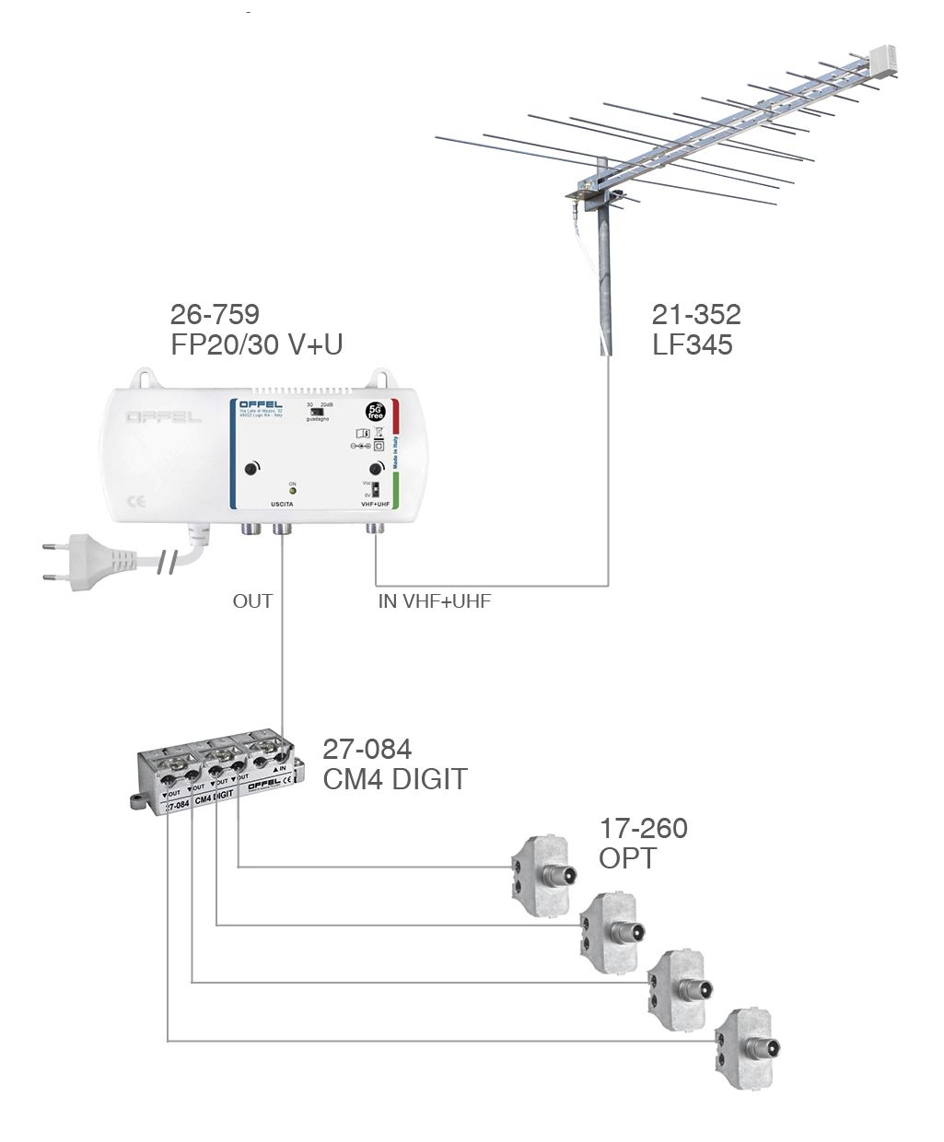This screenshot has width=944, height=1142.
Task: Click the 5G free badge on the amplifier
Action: [x=376, y=411]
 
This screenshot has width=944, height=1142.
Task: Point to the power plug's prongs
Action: [x=54, y=562]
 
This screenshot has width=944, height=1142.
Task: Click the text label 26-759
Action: [x=214, y=315]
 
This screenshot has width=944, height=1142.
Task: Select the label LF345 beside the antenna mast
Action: [x=693, y=345]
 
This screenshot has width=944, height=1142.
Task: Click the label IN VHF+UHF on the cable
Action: [x=435, y=602]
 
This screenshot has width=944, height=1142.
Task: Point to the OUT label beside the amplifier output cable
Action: [x=252, y=601]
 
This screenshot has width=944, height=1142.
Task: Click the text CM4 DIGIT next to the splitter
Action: [x=394, y=779]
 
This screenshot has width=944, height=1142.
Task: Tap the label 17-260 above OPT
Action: [x=643, y=828]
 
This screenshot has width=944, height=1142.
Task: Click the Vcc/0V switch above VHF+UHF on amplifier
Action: [x=376, y=489]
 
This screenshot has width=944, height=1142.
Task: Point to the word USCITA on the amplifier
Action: [x=282, y=505]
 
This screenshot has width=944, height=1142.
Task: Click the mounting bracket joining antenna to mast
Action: [x=586, y=190]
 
